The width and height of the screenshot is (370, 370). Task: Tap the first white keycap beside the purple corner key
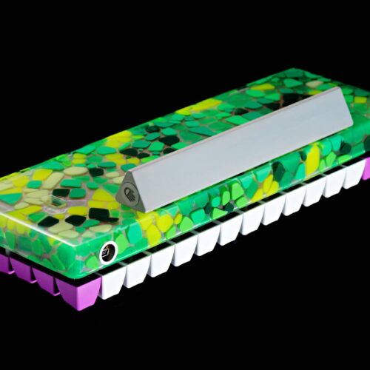click(x=112, y=283)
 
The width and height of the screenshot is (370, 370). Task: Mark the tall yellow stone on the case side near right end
click(x=314, y=158)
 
